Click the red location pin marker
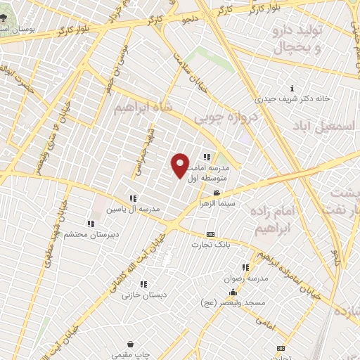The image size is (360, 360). click(180, 165)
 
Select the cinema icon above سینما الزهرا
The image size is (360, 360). click(217, 193)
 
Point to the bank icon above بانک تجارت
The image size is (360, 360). click(210, 234)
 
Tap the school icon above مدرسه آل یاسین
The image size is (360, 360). click(133, 199)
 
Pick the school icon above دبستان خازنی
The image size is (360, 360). click(143, 285)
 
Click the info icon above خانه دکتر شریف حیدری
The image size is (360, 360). click(292, 89)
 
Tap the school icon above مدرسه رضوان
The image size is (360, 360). click(245, 267)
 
